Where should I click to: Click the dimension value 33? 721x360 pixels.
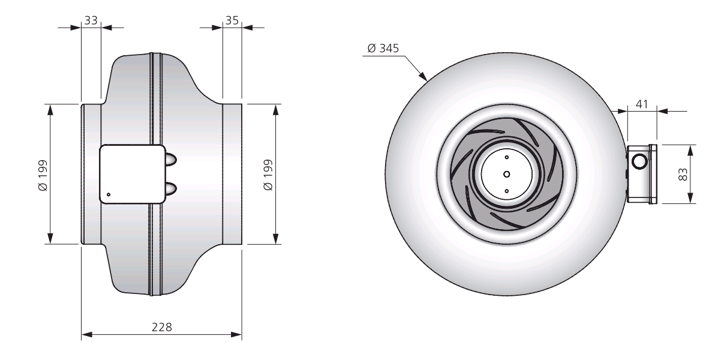91,20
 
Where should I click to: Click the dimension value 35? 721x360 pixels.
232,20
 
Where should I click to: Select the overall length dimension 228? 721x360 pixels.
161,327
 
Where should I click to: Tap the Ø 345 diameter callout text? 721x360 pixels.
383,49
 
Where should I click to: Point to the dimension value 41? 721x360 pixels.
642,104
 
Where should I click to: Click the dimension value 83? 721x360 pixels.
683,174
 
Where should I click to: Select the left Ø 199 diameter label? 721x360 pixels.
43,175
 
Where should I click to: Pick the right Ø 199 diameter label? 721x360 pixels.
268,175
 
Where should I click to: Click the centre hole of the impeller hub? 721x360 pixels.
506,174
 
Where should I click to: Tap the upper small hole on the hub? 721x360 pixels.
507,157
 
